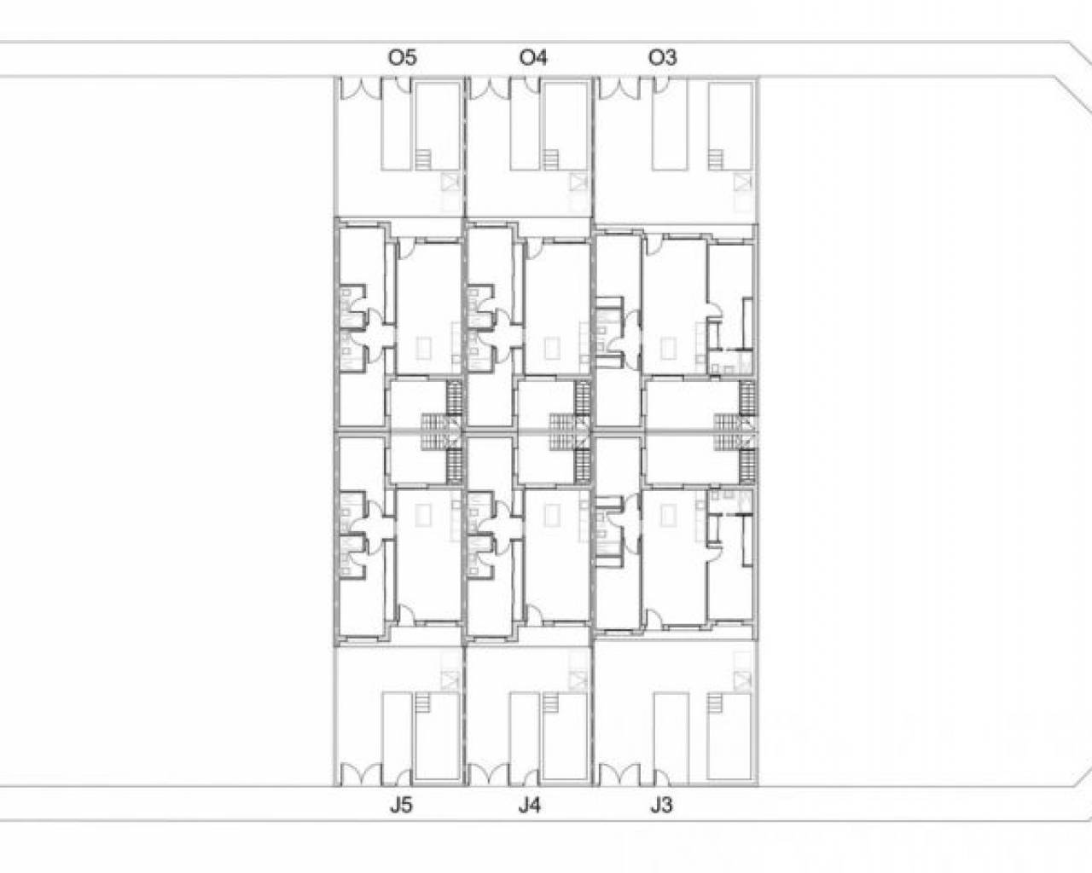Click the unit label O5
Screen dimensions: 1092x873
[x=403, y=58]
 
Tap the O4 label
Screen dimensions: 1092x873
[x=533, y=58]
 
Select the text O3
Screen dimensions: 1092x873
[x=663, y=58]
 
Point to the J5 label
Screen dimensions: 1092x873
[x=401, y=806]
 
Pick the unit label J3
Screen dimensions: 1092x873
[x=662, y=806]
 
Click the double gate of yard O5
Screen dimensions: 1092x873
[x=359, y=89]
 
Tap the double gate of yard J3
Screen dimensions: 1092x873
[x=619, y=775]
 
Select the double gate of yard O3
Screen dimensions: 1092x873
[x=619, y=89]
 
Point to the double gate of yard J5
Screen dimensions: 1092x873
[x=359, y=775]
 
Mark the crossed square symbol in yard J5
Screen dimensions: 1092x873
[x=449, y=679]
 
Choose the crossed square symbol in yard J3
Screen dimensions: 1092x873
[x=741, y=679]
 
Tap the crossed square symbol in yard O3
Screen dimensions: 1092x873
[x=741, y=182]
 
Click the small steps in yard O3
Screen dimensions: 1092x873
[x=716, y=159]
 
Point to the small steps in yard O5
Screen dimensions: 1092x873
[x=422, y=159]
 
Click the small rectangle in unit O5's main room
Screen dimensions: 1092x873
[x=424, y=348]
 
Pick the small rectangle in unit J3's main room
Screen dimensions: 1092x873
[x=668, y=516]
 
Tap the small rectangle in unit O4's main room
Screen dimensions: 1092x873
[x=552, y=348]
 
